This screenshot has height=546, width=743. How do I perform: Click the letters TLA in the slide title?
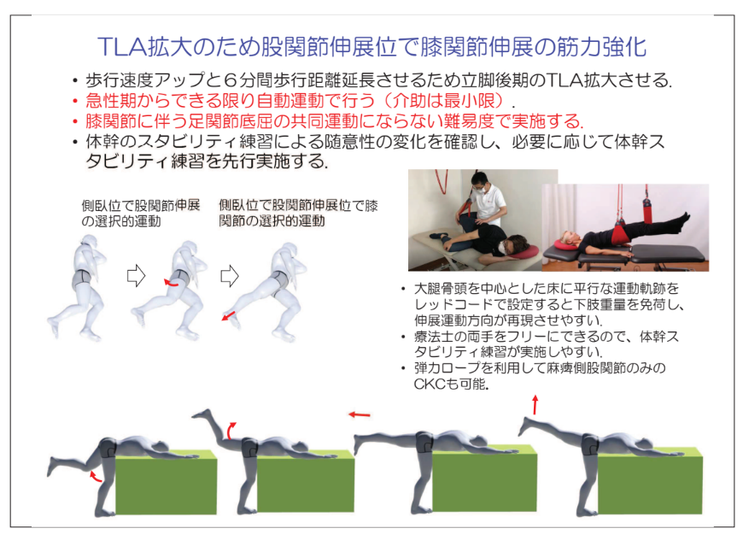[x=121, y=45]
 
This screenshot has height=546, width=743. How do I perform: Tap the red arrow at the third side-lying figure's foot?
[x=230, y=317]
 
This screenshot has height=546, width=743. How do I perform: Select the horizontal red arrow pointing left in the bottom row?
[x=359, y=415]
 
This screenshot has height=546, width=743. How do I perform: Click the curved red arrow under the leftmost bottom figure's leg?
[x=97, y=475]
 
